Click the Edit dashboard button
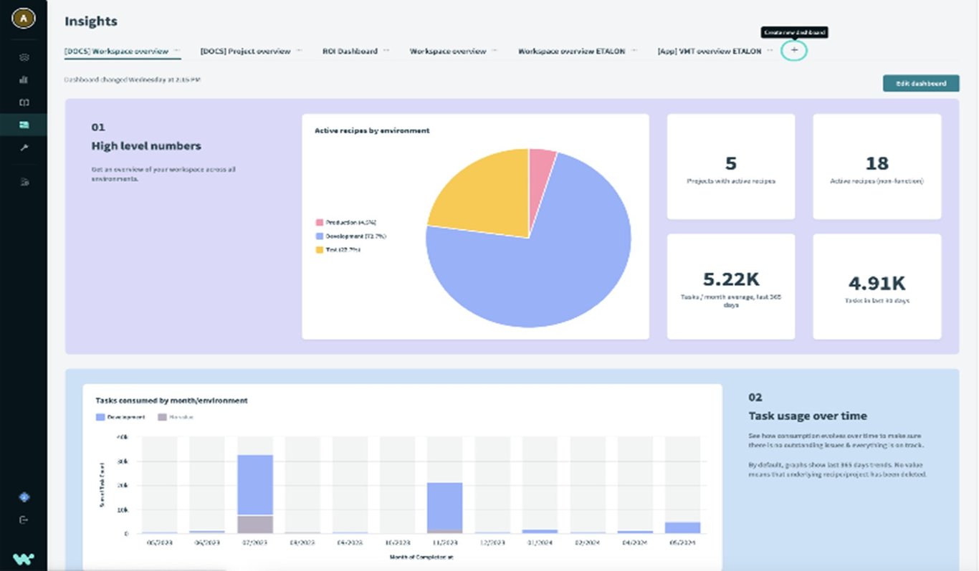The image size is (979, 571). (920, 84)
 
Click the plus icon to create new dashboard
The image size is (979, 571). (794, 51)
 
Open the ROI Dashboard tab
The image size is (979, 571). (350, 52)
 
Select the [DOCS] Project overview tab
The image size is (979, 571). (245, 52)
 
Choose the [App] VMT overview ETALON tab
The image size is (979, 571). (709, 52)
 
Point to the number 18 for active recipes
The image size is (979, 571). (877, 163)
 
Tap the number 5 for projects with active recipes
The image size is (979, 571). (730, 163)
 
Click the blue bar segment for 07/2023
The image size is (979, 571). (255, 484)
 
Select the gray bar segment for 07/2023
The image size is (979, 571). (255, 524)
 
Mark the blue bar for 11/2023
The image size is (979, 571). (445, 506)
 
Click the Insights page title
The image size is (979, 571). (91, 21)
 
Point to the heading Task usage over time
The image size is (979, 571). (808, 416)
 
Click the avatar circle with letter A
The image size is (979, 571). (24, 19)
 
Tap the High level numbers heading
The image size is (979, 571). (146, 146)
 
